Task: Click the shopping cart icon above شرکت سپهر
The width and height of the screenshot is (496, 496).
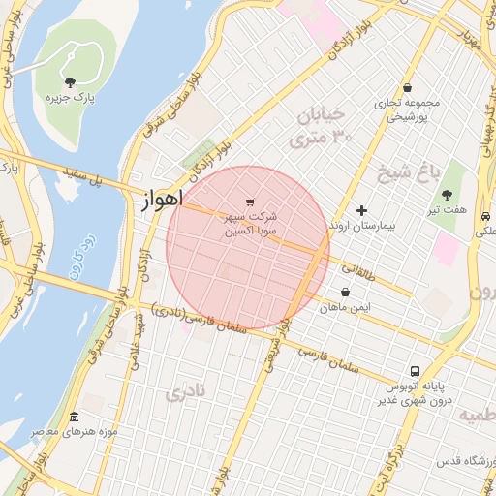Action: pos(251,201)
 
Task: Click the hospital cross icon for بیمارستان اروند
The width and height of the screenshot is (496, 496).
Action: pos(362,210)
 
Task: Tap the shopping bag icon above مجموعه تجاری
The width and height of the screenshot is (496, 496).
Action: pos(408,87)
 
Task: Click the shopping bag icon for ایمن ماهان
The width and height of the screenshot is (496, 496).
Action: pos(345,292)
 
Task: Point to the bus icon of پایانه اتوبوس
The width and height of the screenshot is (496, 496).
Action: pos(415,371)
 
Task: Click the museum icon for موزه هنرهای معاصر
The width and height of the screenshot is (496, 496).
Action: pos(75,415)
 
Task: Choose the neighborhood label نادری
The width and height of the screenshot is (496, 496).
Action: pos(186,393)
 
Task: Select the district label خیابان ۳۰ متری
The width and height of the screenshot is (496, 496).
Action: pos(321,126)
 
